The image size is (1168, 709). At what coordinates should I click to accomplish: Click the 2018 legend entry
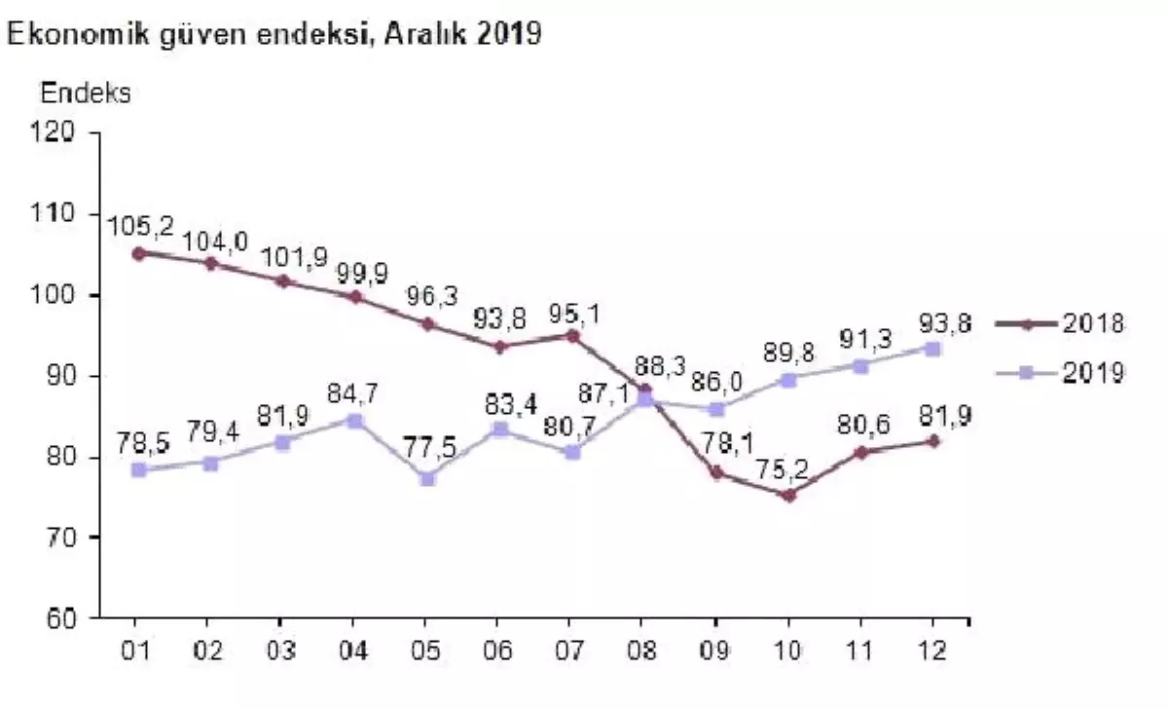point(1060,324)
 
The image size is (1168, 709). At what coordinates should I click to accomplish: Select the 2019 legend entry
point(1060,372)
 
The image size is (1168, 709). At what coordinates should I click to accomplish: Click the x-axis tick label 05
point(424,649)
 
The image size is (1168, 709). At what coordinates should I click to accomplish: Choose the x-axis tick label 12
point(933,649)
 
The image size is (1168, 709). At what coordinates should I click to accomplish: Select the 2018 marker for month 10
point(788,495)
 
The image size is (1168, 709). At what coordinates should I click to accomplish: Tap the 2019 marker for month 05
point(425,478)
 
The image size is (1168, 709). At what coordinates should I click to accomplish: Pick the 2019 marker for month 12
point(932,349)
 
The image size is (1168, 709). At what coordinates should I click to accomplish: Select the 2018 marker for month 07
point(571,336)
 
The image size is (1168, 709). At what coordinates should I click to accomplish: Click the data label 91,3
point(859,342)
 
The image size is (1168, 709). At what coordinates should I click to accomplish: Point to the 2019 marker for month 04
point(353,421)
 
